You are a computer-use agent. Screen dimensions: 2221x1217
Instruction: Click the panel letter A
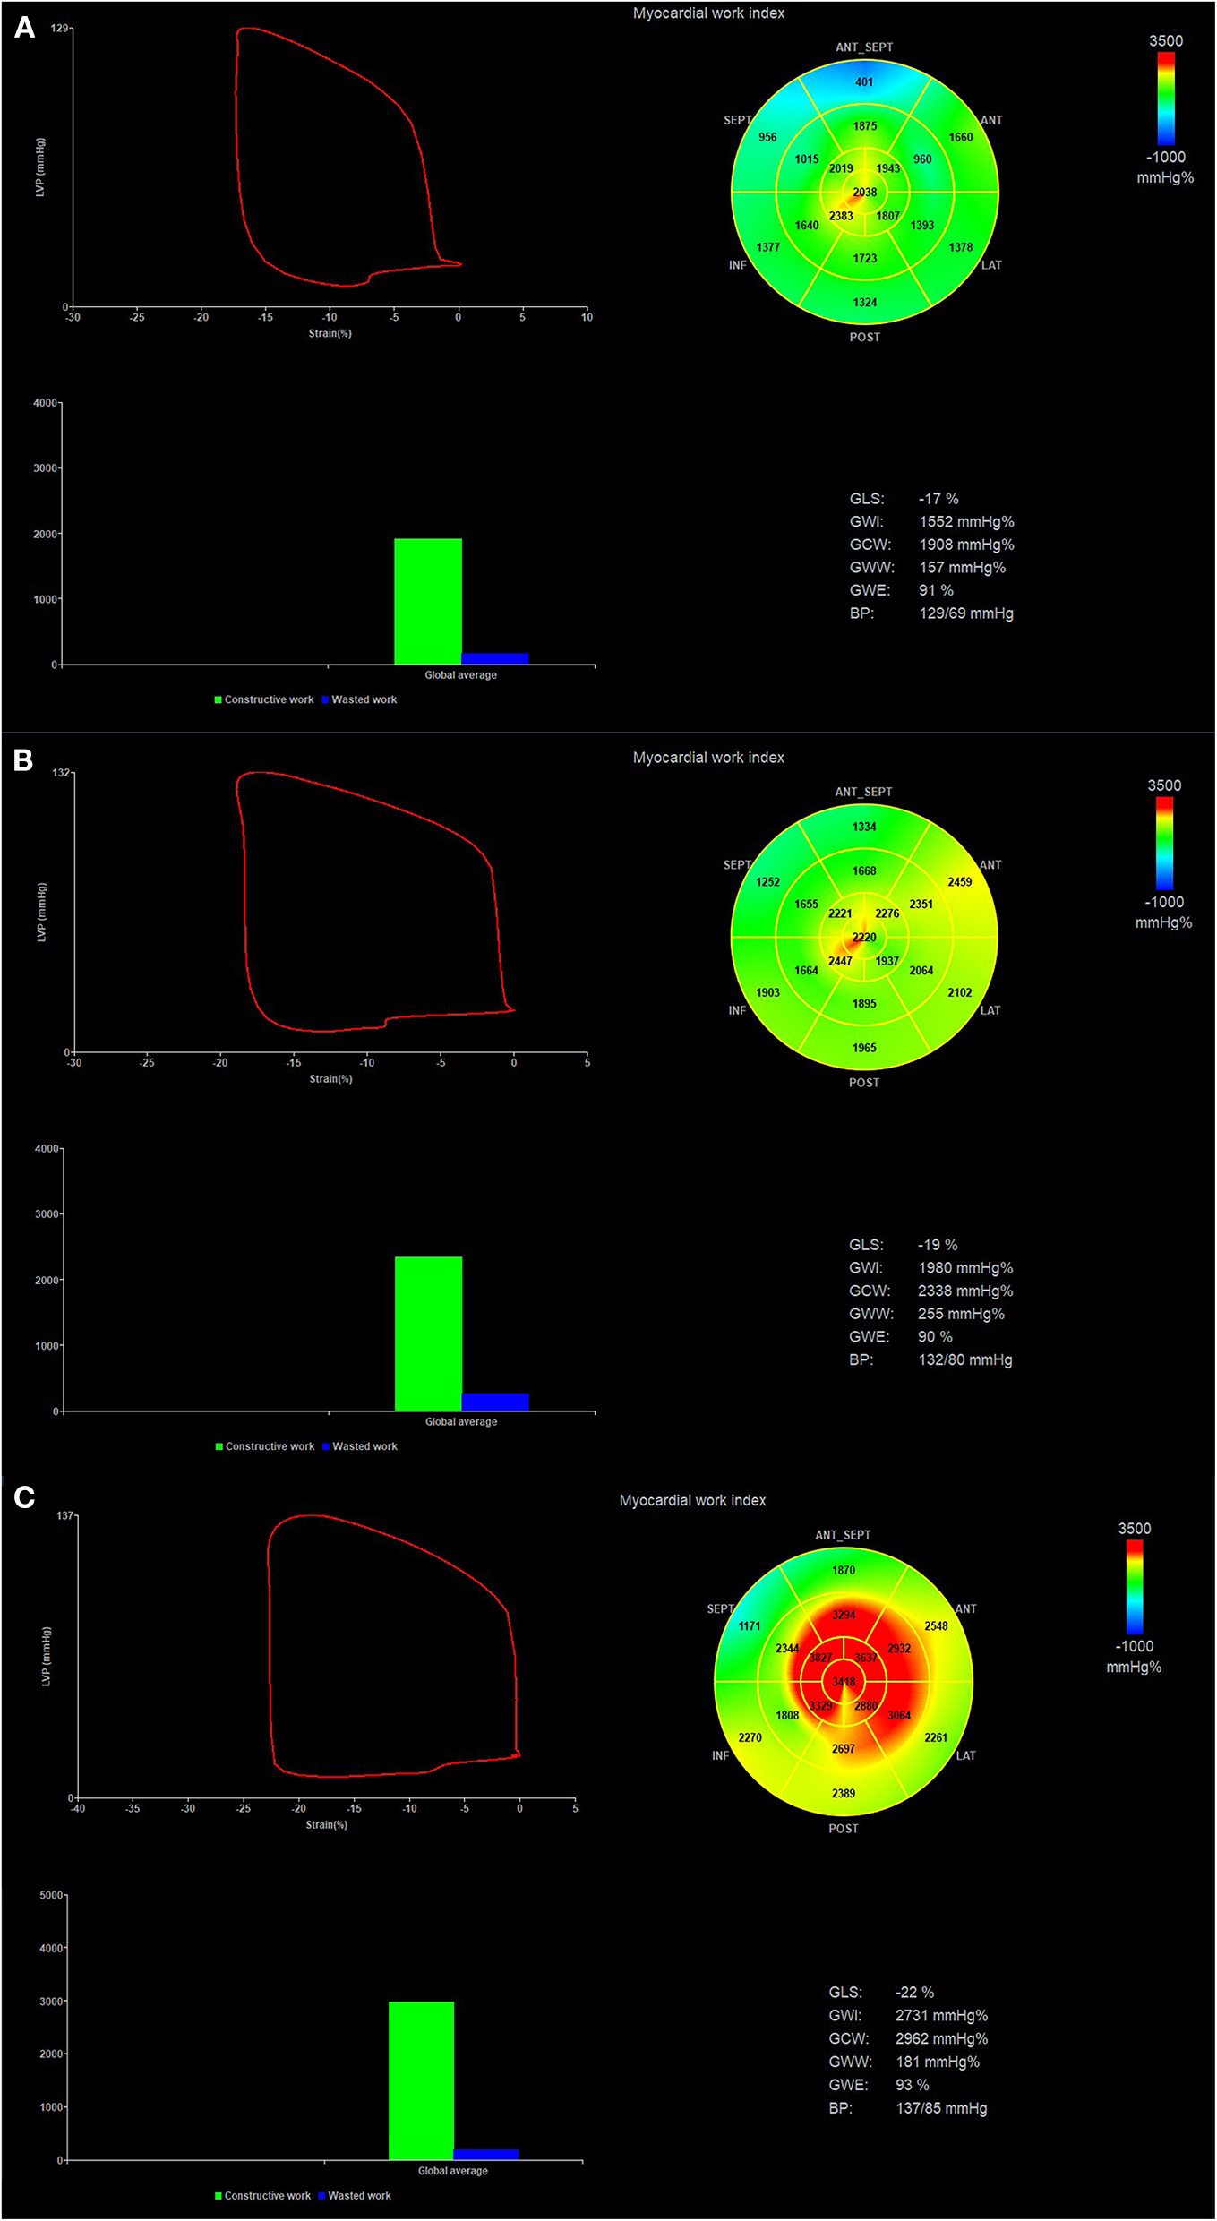click(25, 28)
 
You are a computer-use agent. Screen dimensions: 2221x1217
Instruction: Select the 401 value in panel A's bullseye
click(863, 81)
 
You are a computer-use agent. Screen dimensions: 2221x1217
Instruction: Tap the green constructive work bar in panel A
click(428, 601)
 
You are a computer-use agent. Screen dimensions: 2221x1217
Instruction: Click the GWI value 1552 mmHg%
click(966, 521)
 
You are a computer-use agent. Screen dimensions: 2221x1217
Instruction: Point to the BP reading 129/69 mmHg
click(966, 613)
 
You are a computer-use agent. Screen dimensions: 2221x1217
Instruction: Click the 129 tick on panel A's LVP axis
click(60, 29)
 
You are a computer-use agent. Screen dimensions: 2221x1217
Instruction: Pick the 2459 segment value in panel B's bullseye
click(959, 882)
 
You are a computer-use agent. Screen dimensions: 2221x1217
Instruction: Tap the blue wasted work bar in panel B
click(495, 1402)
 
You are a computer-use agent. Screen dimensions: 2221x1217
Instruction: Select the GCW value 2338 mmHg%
click(965, 1291)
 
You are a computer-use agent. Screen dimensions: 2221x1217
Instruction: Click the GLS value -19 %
click(938, 1245)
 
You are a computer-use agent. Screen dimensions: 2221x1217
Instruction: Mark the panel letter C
click(24, 1496)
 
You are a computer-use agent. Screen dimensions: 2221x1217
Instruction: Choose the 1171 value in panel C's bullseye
click(750, 1625)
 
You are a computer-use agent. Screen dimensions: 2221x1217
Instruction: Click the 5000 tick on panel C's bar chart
click(51, 1895)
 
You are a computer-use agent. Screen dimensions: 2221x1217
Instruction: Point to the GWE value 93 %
click(912, 2085)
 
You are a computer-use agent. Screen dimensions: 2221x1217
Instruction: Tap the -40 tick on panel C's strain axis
click(78, 1808)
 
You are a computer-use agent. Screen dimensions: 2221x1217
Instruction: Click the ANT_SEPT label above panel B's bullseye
click(863, 792)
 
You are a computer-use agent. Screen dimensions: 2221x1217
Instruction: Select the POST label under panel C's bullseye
click(843, 1828)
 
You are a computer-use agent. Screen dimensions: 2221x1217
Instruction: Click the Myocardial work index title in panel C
click(692, 1500)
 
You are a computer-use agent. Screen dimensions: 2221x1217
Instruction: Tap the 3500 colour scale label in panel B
click(1164, 785)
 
